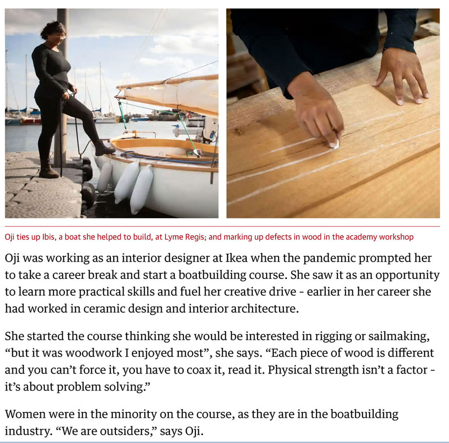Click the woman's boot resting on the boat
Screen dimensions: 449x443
104,148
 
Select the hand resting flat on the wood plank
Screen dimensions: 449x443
402,76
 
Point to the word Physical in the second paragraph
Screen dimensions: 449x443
290,370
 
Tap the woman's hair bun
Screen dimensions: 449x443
44,33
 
